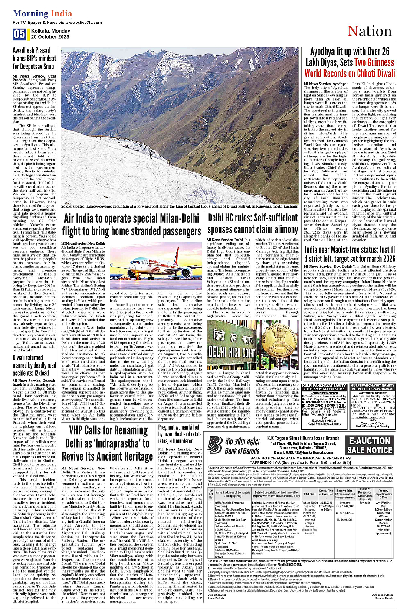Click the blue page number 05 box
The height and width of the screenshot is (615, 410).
tap(20, 34)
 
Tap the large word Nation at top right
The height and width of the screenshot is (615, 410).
tap(369, 31)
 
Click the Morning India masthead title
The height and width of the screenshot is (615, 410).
tap(43, 13)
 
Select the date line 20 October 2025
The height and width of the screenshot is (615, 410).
tap(50, 37)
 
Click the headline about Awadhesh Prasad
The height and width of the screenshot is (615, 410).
tap(34, 58)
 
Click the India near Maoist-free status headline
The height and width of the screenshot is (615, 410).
tap(350, 254)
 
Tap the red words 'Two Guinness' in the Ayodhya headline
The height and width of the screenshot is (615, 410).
tap(374, 62)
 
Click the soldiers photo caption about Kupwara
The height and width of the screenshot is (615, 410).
tap(180, 207)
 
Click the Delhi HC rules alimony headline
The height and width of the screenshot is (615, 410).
tap(253, 223)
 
